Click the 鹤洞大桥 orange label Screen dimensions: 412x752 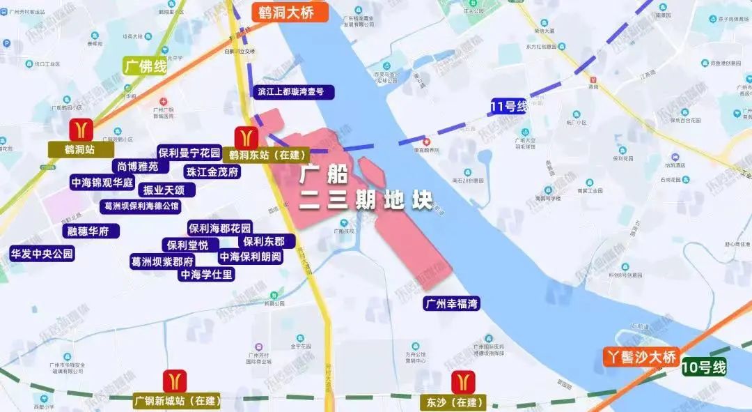pyautogui.click(x=285, y=12)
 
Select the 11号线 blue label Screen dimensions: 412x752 pyautogui.click(x=509, y=107)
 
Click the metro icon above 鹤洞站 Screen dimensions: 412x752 pyautogui.click(x=81, y=130)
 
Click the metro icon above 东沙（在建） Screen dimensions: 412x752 pyautogui.click(x=462, y=383)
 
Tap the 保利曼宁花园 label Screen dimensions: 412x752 pyautogui.click(x=189, y=153)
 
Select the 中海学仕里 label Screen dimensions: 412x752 pyautogui.click(x=207, y=275)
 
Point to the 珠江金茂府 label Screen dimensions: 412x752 pyautogui.click(x=212, y=171)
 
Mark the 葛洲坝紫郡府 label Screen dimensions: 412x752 pyautogui.click(x=162, y=261)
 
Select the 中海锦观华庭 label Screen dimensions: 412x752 pyautogui.click(x=102, y=183)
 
